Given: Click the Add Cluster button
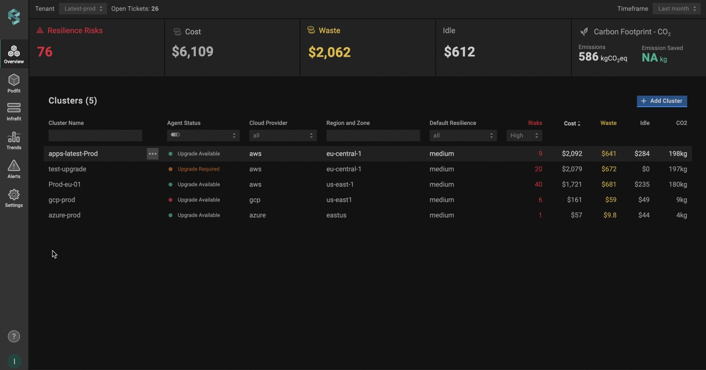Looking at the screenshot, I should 662,101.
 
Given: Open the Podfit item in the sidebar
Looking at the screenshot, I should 14,83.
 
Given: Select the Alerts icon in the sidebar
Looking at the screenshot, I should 14,169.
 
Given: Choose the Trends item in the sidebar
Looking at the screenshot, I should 14,140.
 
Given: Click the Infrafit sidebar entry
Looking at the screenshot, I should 14,111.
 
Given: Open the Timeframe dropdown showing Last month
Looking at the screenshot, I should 676,9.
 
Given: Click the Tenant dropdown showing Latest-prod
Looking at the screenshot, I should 83,9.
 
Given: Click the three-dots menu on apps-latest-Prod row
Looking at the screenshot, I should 152,154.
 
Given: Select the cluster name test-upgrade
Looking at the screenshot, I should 67,169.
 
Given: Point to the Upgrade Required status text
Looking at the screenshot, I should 198,169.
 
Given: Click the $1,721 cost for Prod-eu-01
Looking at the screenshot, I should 572,185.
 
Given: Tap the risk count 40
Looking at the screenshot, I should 538,185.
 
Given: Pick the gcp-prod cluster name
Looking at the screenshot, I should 62,200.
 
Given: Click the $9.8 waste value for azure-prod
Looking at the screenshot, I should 610,215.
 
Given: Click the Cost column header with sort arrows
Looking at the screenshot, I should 572,123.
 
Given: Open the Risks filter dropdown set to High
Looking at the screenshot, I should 524,136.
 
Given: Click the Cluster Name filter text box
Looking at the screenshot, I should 95,136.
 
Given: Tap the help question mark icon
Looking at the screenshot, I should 14,336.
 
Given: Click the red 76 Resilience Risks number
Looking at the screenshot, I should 45,52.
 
